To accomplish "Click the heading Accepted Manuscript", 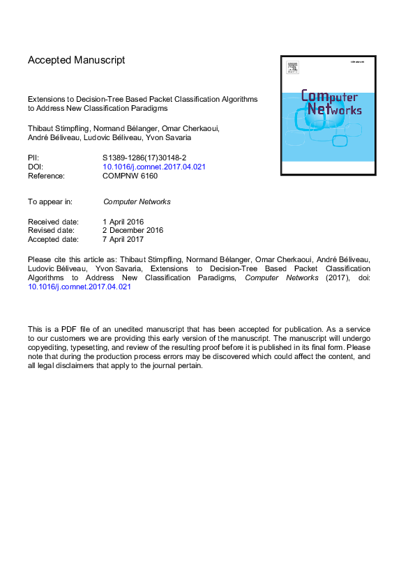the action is [77, 60].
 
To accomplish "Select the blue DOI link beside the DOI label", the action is [153, 167].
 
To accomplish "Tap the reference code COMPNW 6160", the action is [130, 176].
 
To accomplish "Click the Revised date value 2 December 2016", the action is [133, 230].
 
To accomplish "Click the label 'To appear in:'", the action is [50, 201].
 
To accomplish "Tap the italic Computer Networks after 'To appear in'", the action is [137, 201].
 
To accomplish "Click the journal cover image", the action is [328, 115].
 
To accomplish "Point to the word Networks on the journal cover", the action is [334, 110].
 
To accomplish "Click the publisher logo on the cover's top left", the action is [292, 68].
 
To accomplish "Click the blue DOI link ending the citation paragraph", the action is [80, 287].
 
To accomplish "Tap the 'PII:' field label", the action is [34, 158].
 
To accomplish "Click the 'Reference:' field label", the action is [46, 176].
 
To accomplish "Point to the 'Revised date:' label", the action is [52, 230].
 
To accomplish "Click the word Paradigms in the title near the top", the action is [149, 109].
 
